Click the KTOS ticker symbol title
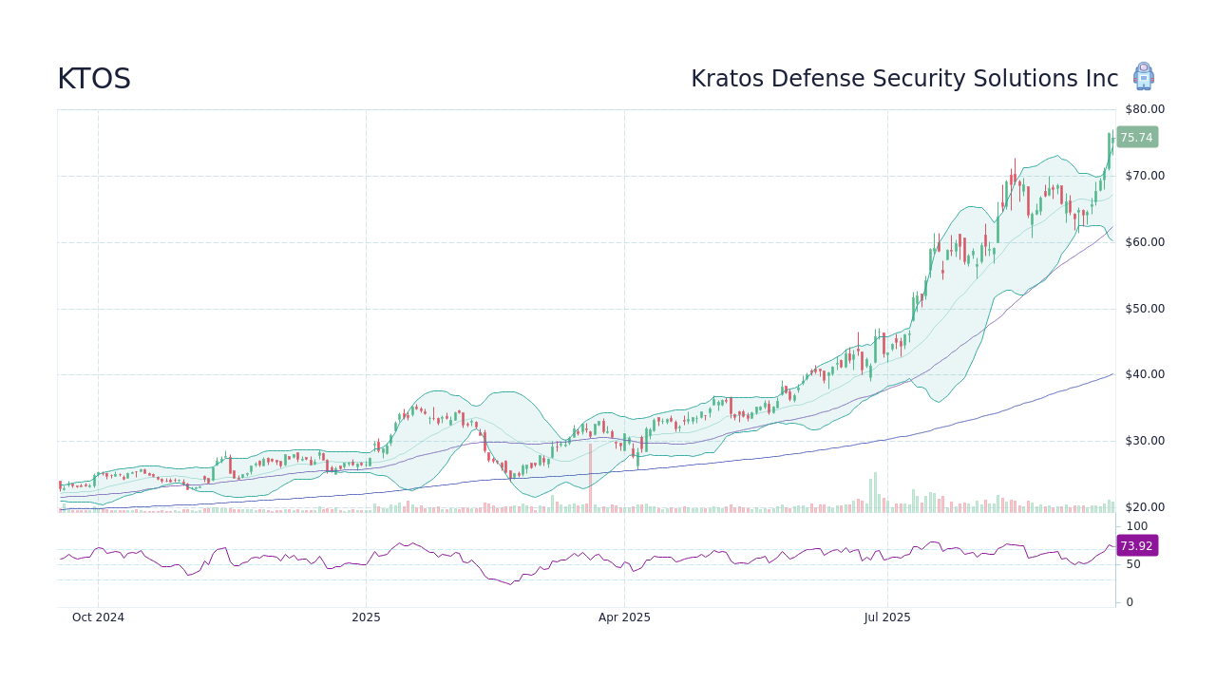coord(94,79)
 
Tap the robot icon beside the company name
coord(1143,77)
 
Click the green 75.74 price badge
coord(1136,137)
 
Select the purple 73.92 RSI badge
coord(1136,545)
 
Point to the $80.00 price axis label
coord(1144,109)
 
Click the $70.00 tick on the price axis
coord(1144,176)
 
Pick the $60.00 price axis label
coord(1144,242)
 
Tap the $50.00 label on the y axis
coord(1144,309)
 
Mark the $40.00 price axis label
coord(1144,374)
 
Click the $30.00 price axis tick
coord(1144,441)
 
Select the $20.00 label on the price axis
coord(1144,507)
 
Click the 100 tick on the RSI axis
coord(1136,526)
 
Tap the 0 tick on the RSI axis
coord(1129,602)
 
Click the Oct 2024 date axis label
coord(98,617)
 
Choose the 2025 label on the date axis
coord(366,617)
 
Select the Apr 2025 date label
coord(624,617)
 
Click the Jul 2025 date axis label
coord(887,617)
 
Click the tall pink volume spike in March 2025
coord(590,480)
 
